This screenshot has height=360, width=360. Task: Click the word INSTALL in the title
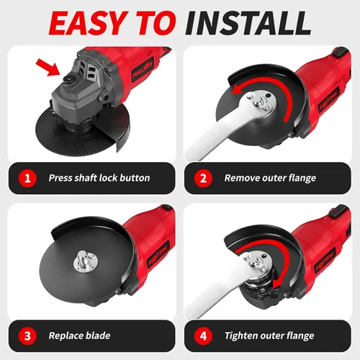[248, 23]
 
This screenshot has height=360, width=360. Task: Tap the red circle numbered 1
[27, 179]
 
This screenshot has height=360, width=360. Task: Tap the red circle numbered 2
[203, 179]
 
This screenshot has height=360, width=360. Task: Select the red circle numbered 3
[27, 336]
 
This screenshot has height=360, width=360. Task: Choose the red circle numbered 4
[203, 336]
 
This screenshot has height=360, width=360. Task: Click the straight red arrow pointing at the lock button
[48, 68]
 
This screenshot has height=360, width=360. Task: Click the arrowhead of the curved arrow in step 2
[238, 90]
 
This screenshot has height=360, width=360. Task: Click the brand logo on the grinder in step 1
[143, 69]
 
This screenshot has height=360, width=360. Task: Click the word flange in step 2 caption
[302, 179]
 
